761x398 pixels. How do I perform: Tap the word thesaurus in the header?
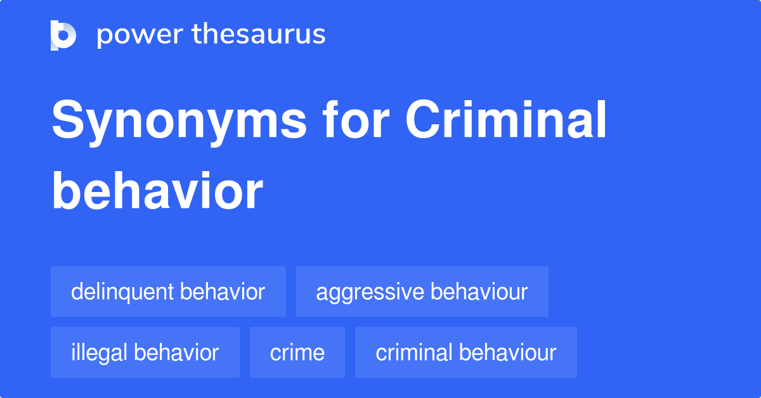pyautogui.click(x=259, y=35)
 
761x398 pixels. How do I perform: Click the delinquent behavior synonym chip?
pyautogui.click(x=168, y=292)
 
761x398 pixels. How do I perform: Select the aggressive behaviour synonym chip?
pyautogui.click(x=422, y=292)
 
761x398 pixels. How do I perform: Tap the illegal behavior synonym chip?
pyautogui.click(x=145, y=352)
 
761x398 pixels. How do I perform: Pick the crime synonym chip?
pyautogui.click(x=297, y=352)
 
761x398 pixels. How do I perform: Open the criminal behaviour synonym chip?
pyautogui.click(x=466, y=352)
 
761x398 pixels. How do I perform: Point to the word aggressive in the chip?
pyautogui.click(x=370, y=292)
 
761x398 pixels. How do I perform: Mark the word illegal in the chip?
pyautogui.click(x=100, y=352)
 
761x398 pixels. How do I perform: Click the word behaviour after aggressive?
pyautogui.click(x=479, y=292)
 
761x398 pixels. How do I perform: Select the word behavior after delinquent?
pyautogui.click(x=223, y=292)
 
